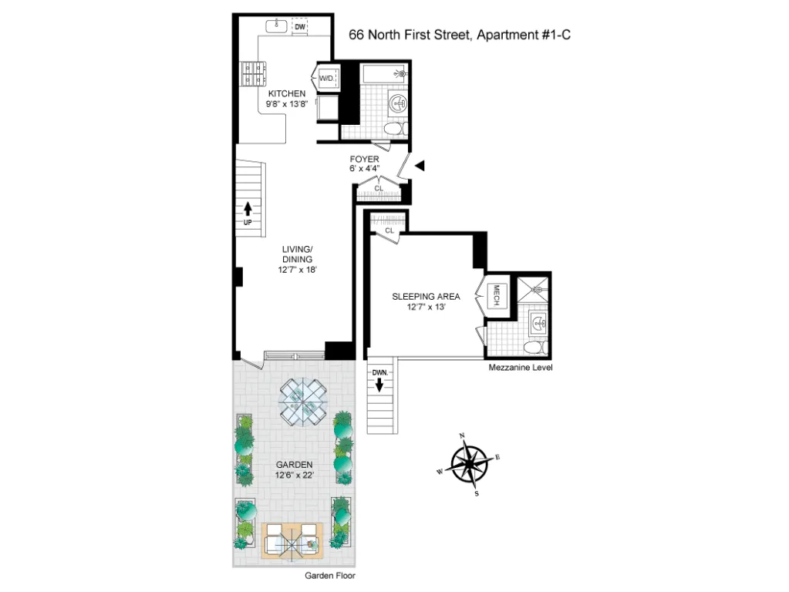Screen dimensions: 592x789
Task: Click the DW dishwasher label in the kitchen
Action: [300, 27]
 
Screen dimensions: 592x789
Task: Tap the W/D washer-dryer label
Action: [325, 78]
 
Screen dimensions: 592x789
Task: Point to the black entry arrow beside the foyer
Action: [420, 165]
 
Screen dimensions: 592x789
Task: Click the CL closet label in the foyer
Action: [379, 188]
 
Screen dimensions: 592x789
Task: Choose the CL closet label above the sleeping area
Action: [389, 230]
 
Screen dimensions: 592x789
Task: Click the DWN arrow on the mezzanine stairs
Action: [379, 382]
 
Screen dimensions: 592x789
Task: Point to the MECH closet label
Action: [497, 296]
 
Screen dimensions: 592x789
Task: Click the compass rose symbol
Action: [468, 465]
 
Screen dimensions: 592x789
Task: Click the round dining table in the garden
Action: [303, 401]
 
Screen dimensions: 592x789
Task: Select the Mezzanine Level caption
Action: [521, 368]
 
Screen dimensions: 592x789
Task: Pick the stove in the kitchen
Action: [251, 76]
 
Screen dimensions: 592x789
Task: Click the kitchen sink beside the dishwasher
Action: [277, 27]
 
